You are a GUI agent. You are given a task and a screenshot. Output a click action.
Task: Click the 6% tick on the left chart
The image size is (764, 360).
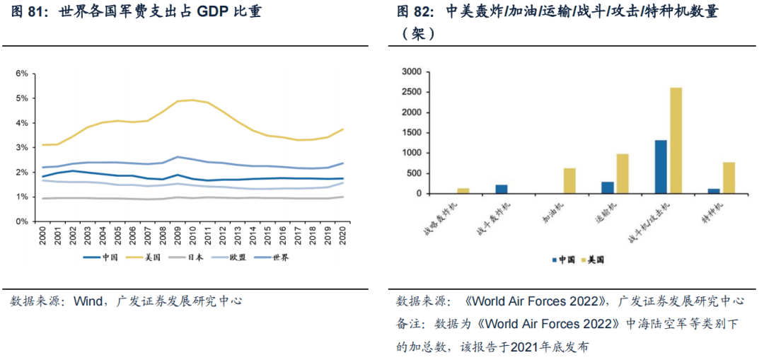click(22, 74)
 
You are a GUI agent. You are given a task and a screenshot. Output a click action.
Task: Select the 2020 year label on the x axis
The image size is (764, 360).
click(343, 235)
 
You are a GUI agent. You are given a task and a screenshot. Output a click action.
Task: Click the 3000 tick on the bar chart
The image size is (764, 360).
click(410, 71)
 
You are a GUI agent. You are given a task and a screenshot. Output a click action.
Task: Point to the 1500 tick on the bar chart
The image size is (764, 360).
click(410, 132)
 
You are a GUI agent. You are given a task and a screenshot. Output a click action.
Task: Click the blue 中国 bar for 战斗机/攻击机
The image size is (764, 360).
click(661, 166)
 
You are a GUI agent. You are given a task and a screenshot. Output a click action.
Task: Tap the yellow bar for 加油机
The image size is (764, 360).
click(569, 180)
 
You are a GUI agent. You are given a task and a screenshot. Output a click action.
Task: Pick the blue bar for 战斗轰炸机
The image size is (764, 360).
click(502, 189)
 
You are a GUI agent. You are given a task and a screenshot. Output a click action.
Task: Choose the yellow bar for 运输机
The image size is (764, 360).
click(623, 173)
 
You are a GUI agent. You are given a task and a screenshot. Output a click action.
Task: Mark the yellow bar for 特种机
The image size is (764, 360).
click(729, 178)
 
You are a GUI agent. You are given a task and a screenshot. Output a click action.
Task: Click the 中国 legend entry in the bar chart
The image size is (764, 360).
click(562, 260)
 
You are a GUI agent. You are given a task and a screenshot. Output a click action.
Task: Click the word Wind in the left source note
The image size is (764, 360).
click(89, 301)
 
